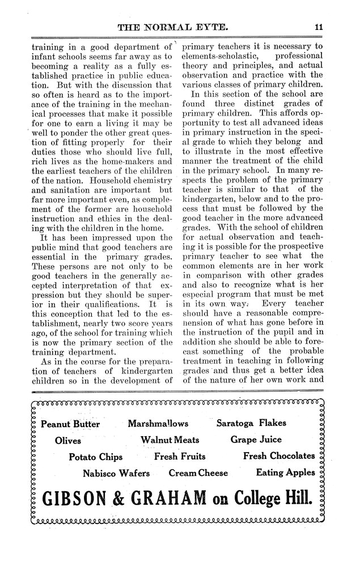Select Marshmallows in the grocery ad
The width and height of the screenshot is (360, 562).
(x=158, y=423)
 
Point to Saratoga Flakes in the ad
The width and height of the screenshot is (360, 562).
(x=251, y=423)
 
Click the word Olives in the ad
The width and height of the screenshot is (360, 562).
(x=68, y=440)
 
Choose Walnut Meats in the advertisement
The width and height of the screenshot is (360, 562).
(x=170, y=440)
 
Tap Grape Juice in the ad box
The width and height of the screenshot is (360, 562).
(x=256, y=440)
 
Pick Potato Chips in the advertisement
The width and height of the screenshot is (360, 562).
(x=95, y=457)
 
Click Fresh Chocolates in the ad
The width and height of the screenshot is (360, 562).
(x=278, y=456)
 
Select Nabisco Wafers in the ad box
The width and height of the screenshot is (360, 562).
(x=116, y=473)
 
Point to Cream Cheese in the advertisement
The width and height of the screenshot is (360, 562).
(x=198, y=473)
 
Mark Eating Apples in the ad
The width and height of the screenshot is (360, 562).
(x=285, y=472)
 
